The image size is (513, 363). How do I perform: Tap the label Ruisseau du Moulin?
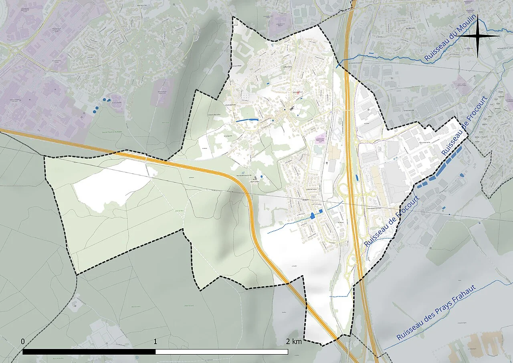(450, 39)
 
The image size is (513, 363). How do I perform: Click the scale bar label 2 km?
(294, 342)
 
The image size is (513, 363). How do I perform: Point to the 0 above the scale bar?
(23, 341)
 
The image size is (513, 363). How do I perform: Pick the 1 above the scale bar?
(155, 342)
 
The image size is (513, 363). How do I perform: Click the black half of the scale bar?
(89, 352)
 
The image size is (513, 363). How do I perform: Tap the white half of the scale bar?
(222, 352)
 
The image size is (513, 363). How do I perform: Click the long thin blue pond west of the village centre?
(247, 120)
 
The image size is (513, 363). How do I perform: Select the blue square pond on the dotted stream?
(321, 211)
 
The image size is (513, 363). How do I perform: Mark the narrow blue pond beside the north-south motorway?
(356, 177)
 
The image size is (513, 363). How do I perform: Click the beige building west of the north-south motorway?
(333, 152)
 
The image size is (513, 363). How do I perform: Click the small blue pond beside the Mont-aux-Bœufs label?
(261, 176)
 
